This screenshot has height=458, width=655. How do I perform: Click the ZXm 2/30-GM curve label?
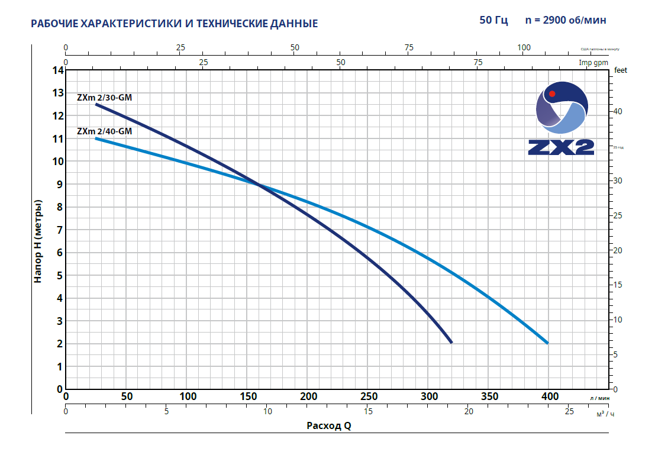(104, 98)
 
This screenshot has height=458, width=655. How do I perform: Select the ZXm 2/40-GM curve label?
(104, 131)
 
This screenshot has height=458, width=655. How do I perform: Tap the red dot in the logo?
(552, 93)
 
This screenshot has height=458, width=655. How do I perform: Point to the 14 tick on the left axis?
(57, 70)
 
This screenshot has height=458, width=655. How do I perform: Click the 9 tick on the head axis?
(59, 184)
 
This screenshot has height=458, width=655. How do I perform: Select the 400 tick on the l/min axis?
(550, 396)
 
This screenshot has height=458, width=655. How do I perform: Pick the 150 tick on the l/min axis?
(249, 396)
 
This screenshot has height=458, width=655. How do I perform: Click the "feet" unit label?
(621, 70)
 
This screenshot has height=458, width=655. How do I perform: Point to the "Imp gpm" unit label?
(593, 62)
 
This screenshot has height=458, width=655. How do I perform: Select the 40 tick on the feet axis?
(618, 111)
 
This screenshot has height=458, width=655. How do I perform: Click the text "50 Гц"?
(493, 20)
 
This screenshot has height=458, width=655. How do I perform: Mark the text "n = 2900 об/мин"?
(566, 20)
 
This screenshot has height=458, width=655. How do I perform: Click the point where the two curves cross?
(259, 185)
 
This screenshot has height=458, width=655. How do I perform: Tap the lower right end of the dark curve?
(451, 343)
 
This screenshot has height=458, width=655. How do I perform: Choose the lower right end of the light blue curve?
(547, 343)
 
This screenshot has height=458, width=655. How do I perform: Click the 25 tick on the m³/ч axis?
(569, 411)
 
